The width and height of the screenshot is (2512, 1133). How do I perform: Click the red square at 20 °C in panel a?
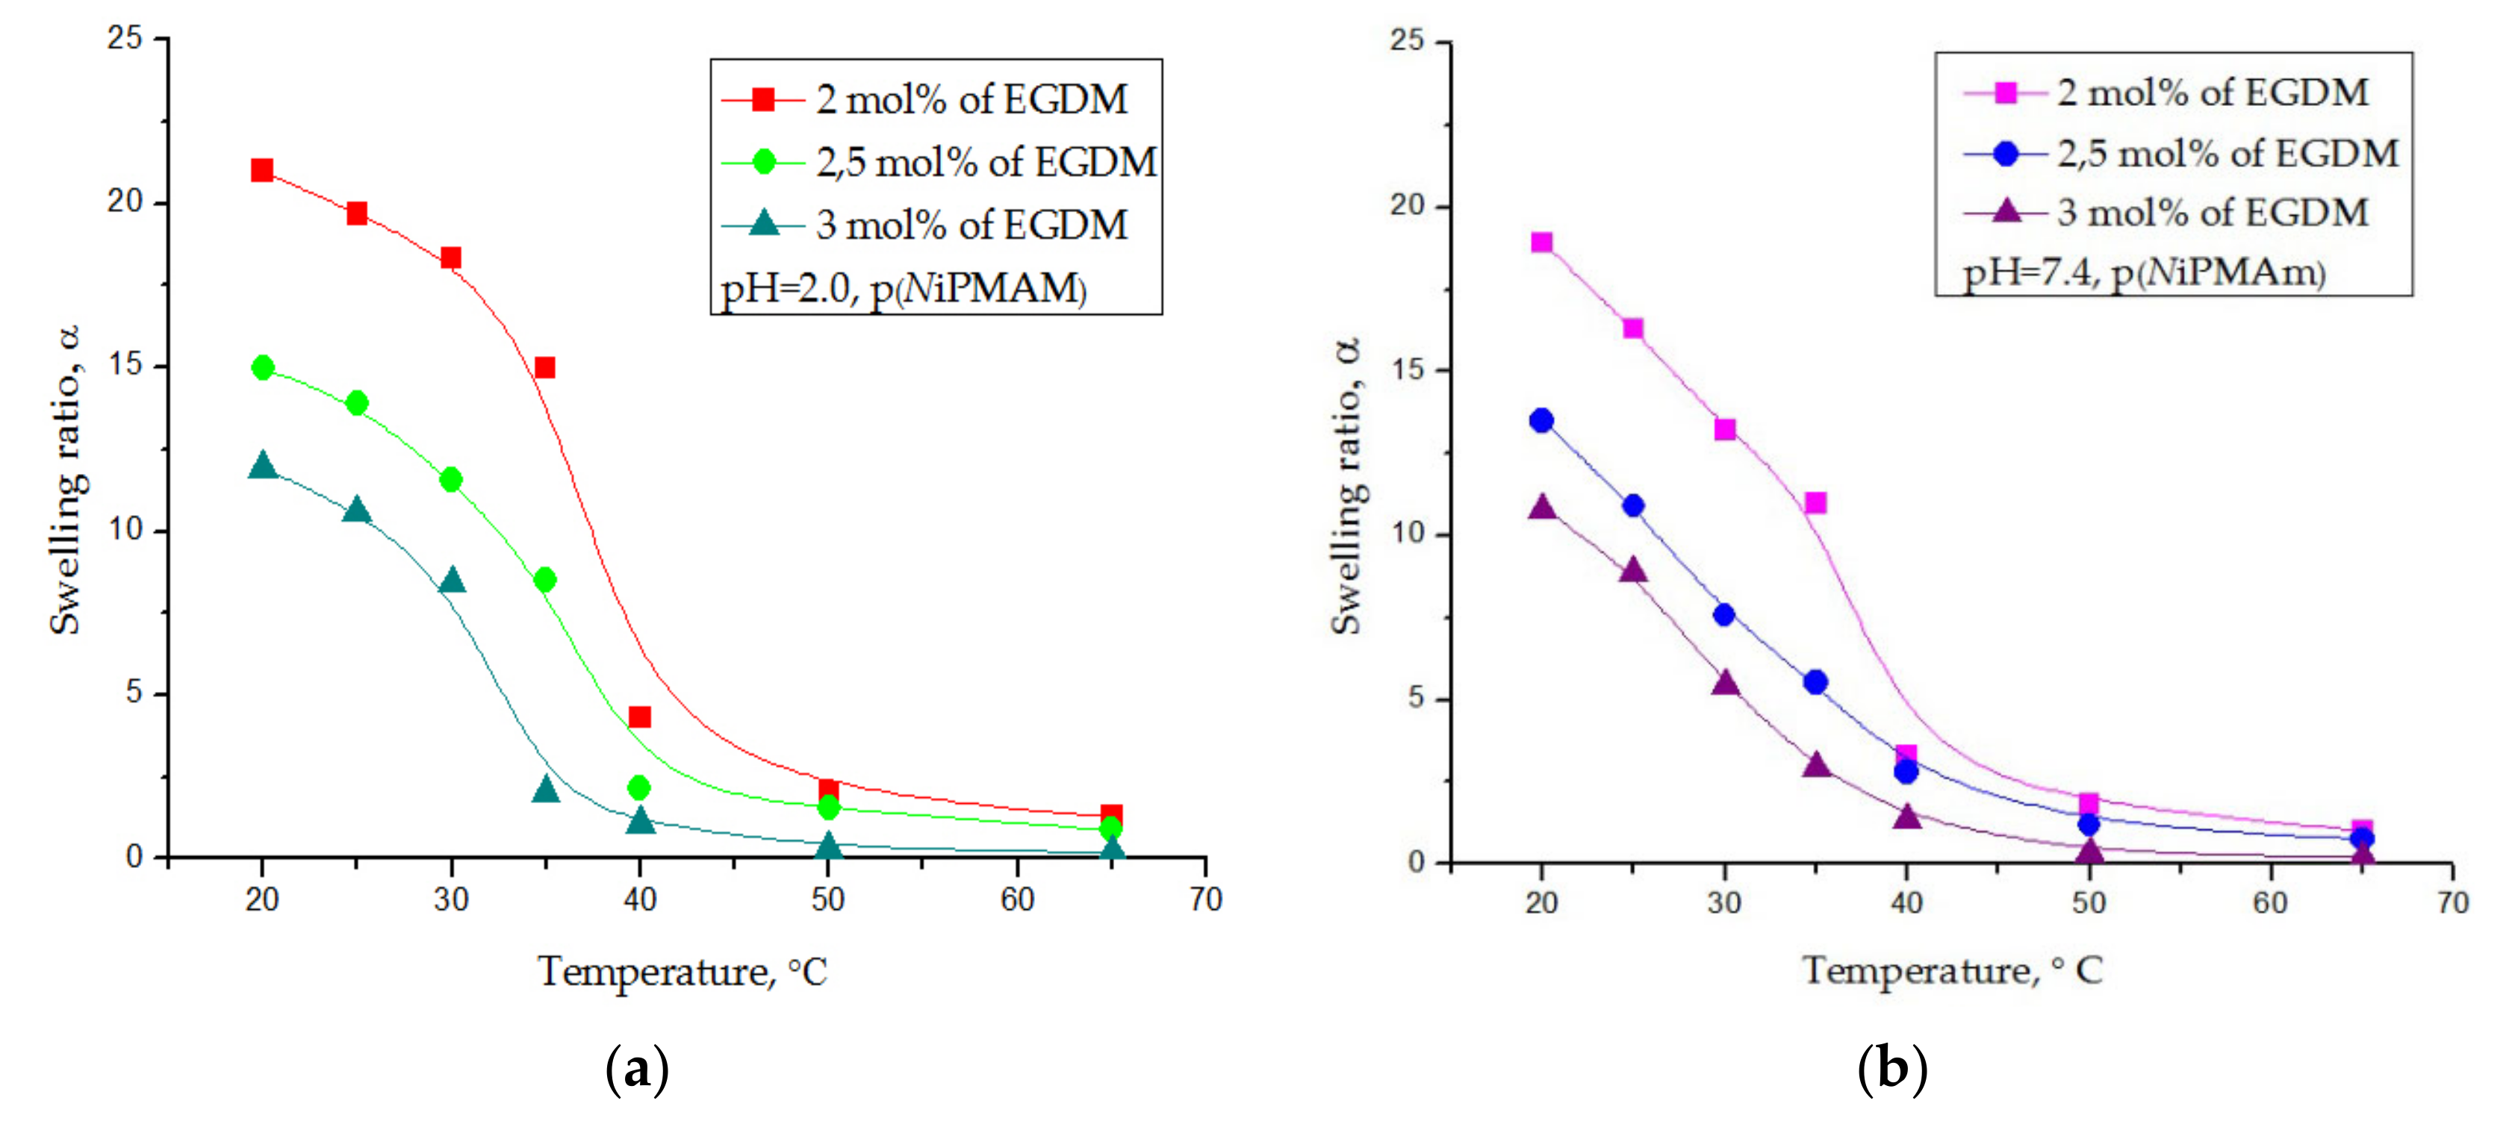pos(261,171)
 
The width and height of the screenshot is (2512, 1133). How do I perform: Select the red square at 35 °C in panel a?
pos(545,368)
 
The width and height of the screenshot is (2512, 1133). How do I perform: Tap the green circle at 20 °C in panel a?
pos(262,368)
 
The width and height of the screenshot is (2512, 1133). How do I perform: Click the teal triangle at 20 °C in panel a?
pos(262,466)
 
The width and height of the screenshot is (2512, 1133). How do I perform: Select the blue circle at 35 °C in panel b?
pos(1815,681)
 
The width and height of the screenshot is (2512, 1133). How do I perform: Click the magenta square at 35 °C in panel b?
pos(1815,503)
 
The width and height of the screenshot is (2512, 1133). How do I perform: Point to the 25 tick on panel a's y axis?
pos(125,39)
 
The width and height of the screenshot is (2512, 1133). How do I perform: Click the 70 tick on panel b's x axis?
pos(2452,902)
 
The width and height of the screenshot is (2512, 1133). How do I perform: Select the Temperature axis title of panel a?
pos(682,972)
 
